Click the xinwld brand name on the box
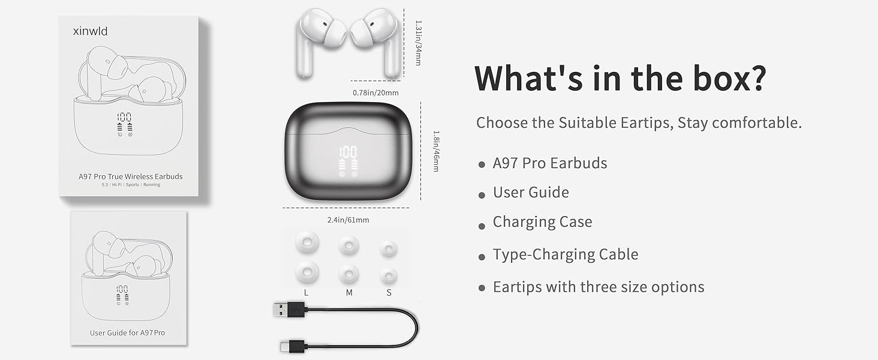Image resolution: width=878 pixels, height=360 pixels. coord(83,31)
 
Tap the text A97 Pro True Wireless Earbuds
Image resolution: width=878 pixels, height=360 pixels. coord(130,176)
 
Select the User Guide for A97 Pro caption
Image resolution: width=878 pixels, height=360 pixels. coord(127,332)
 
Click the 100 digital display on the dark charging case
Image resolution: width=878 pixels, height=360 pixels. coord(347,152)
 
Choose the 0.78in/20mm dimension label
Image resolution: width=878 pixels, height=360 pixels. coord(375,92)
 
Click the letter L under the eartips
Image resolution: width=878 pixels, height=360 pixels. coord(306,293)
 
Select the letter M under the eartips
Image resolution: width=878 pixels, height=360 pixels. coord(349,293)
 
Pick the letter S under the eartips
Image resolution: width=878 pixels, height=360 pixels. coord(389,293)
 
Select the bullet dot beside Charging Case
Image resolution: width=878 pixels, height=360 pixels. coord(482,226)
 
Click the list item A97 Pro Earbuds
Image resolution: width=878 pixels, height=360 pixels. coord(549,163)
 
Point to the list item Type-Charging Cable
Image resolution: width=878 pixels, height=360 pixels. coord(565,254)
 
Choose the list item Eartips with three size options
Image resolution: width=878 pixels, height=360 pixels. coord(598,287)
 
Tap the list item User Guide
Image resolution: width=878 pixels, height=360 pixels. coord(530,193)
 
